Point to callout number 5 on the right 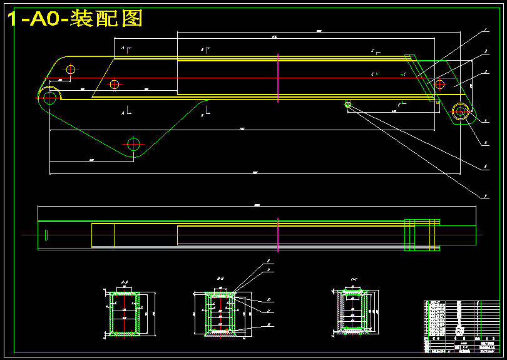click(x=486, y=143)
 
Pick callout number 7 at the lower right click(x=486, y=197)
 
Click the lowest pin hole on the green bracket click(x=133, y=143)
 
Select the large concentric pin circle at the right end click(x=461, y=111)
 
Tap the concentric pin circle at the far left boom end click(x=48, y=96)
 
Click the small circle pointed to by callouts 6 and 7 click(x=348, y=105)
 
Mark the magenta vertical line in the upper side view click(x=277, y=76)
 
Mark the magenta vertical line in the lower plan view click(x=277, y=235)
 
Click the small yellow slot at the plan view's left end click(x=46, y=234)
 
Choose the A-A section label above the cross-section click(x=125, y=282)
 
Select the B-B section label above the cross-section click(x=220, y=277)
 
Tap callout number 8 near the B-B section click(x=268, y=260)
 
